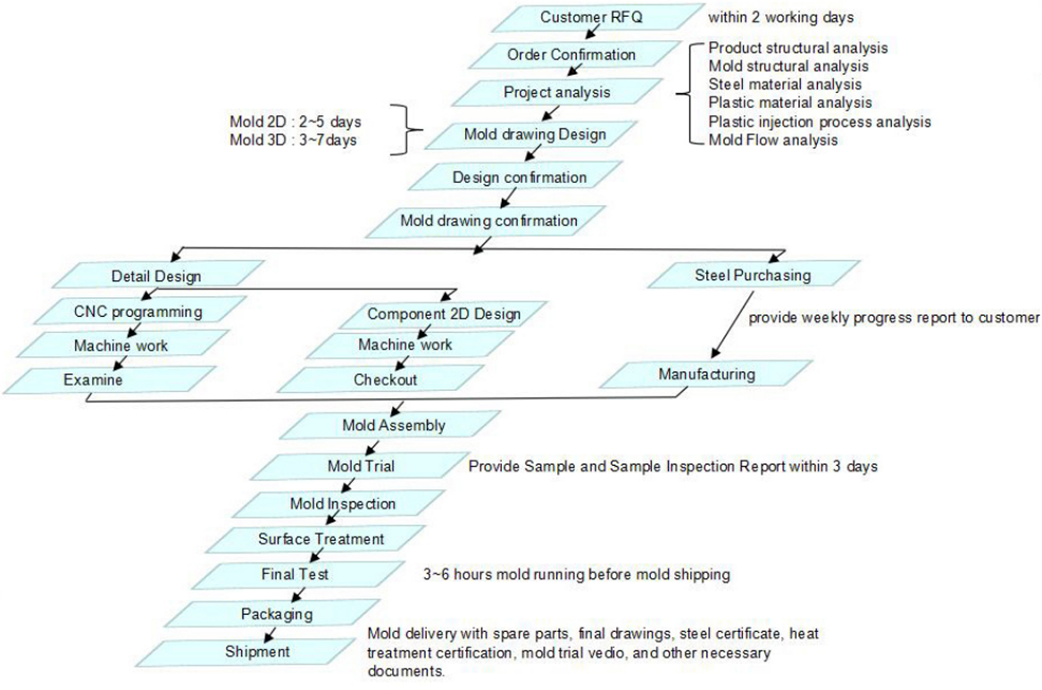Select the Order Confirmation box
(x=571, y=54)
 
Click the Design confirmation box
(x=519, y=177)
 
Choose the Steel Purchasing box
(x=753, y=275)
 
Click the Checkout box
(x=384, y=379)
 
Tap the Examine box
(x=92, y=379)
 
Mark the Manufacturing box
(x=705, y=374)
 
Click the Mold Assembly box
(x=393, y=425)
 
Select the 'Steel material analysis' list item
(x=785, y=84)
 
